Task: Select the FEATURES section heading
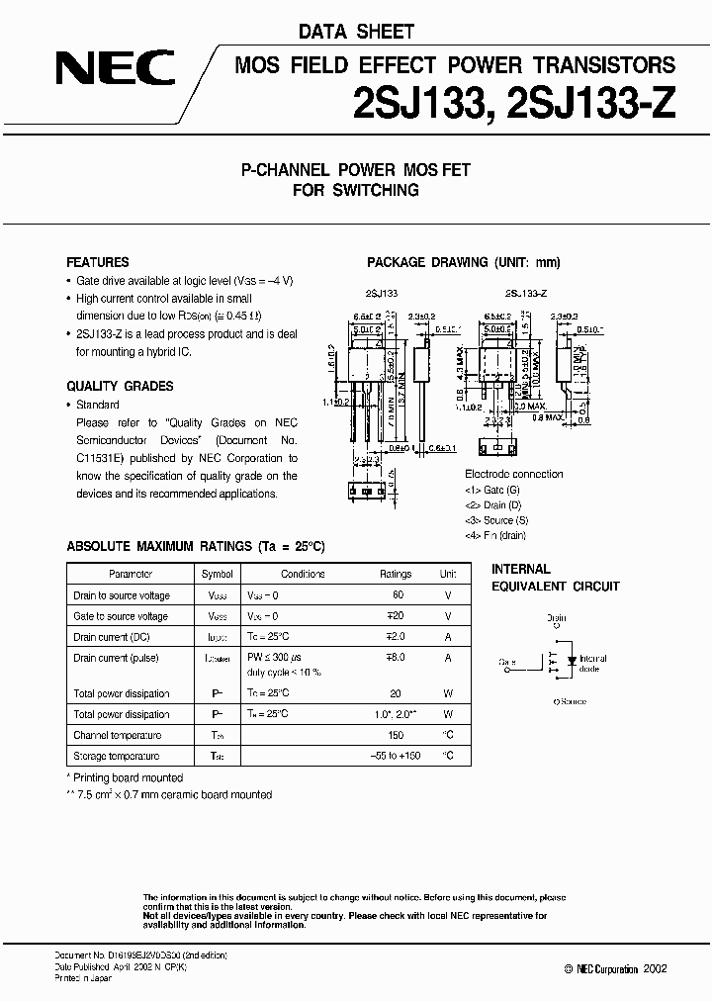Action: (98, 263)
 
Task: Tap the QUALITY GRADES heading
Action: (120, 387)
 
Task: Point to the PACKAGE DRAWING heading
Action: (464, 263)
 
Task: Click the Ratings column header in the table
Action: (396, 574)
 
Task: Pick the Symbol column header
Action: (218, 574)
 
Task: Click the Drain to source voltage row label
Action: (122, 595)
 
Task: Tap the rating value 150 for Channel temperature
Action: (396, 735)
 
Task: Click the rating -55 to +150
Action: (396, 756)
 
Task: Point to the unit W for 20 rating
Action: (448, 694)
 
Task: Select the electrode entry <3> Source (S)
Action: (497, 520)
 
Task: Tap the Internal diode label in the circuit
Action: (593, 664)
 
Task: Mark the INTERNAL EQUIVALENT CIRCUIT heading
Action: (556, 578)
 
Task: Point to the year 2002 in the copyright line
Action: (654, 968)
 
